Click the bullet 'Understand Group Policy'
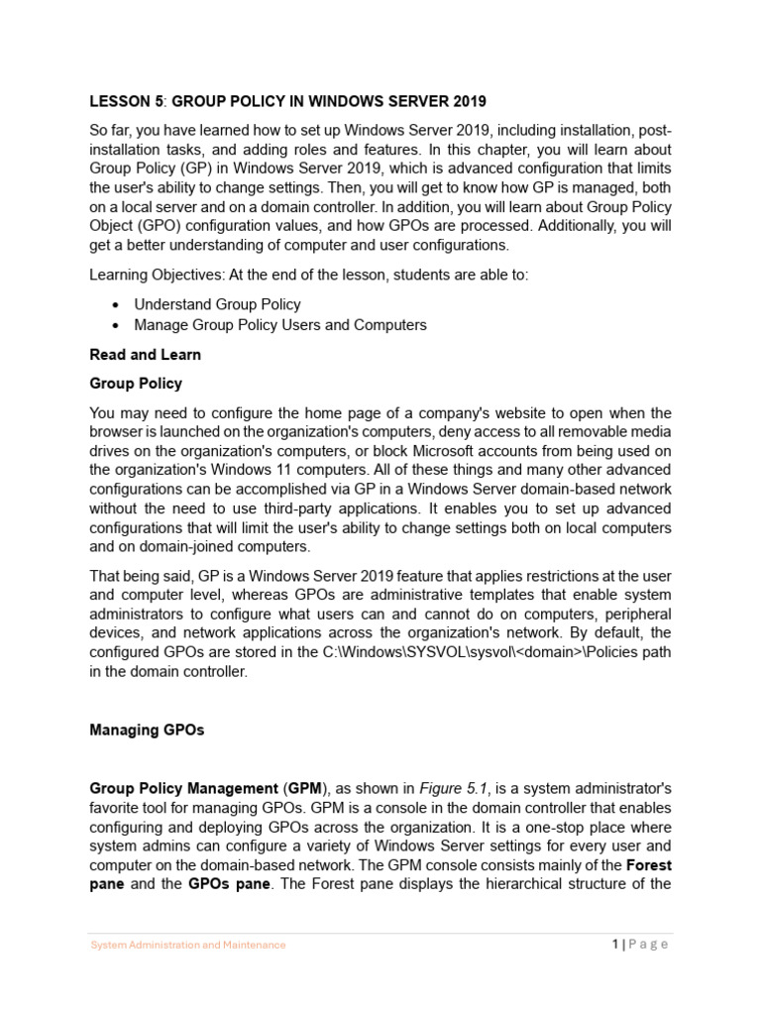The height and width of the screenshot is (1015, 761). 217,304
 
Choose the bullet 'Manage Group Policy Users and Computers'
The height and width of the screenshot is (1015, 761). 280,324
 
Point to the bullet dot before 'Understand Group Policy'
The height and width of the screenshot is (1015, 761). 117,305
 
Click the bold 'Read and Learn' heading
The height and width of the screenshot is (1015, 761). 145,354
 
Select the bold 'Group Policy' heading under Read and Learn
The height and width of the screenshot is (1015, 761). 136,383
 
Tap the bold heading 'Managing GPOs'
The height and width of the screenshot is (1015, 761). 147,730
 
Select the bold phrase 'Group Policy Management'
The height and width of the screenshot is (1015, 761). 183,788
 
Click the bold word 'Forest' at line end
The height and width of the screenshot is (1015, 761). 649,865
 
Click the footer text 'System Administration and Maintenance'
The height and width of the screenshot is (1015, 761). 188,945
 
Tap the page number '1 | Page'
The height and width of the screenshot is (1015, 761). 640,944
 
